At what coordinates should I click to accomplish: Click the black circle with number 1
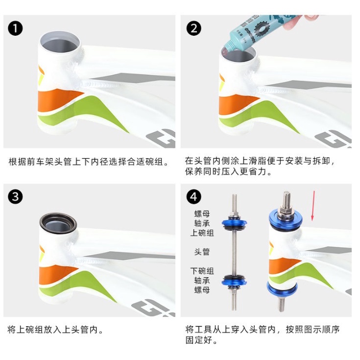[x=15, y=28]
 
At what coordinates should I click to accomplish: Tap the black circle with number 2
[x=194, y=28]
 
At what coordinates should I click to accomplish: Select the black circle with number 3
[x=15, y=197]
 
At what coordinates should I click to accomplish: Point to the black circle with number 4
[x=194, y=197]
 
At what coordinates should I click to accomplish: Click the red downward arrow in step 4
[x=313, y=206]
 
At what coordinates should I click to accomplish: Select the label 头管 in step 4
[x=202, y=252]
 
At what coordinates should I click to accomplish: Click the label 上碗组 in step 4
[x=202, y=233]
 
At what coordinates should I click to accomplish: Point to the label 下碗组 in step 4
[x=202, y=271]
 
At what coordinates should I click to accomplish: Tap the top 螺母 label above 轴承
[x=202, y=214]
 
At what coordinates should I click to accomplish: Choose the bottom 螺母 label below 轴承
[x=202, y=290]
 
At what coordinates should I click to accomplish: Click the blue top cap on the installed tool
[x=286, y=220]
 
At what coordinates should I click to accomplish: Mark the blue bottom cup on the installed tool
[x=282, y=289]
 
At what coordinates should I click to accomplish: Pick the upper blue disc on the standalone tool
[x=234, y=222]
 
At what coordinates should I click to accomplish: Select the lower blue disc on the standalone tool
[x=234, y=282]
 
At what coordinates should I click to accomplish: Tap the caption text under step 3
[x=55, y=330]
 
